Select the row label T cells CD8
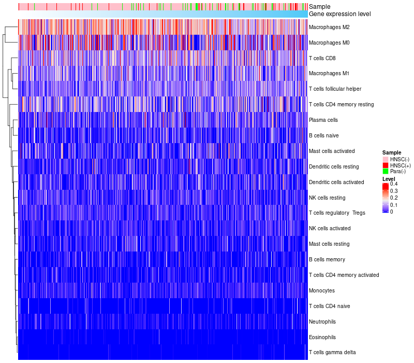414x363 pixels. [x=321, y=58]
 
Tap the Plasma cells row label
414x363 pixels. [x=323, y=120]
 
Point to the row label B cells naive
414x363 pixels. [x=323, y=135]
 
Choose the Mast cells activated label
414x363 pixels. [x=332, y=151]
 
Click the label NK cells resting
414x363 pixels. [x=327, y=198]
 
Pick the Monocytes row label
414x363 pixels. [x=322, y=290]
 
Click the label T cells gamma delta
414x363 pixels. [x=332, y=353]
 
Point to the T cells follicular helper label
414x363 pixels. [x=335, y=89]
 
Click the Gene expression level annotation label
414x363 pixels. [x=339, y=14]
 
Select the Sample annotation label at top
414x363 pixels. [x=319, y=7]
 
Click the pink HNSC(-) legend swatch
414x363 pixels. [x=385, y=159]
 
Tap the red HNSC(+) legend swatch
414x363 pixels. [x=385, y=165]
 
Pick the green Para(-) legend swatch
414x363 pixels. [x=385, y=171]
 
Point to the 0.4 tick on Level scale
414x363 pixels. [x=394, y=184]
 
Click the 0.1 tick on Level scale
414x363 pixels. [x=394, y=205]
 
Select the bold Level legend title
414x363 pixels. [x=389, y=178]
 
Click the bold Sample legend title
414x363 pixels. [x=392, y=152]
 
